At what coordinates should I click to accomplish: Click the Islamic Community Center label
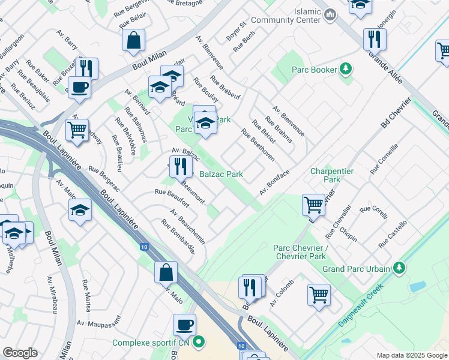[x=287, y=16]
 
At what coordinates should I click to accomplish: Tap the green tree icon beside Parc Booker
[x=346, y=70]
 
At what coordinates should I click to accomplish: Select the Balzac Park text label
[x=221, y=174]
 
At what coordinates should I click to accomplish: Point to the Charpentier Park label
[x=332, y=175]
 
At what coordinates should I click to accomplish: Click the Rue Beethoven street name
[x=258, y=145]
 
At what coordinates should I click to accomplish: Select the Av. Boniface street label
[x=274, y=182]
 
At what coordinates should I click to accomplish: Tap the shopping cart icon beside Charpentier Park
[x=314, y=205]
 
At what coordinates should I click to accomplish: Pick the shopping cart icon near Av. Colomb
[x=319, y=294]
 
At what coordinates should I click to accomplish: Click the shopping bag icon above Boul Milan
[x=133, y=40]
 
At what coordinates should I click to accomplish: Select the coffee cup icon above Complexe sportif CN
[x=185, y=325]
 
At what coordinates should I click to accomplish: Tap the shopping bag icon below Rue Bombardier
[x=166, y=272]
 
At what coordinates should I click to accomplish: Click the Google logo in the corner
[x=20, y=353]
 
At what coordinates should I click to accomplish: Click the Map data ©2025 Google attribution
[x=411, y=355]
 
